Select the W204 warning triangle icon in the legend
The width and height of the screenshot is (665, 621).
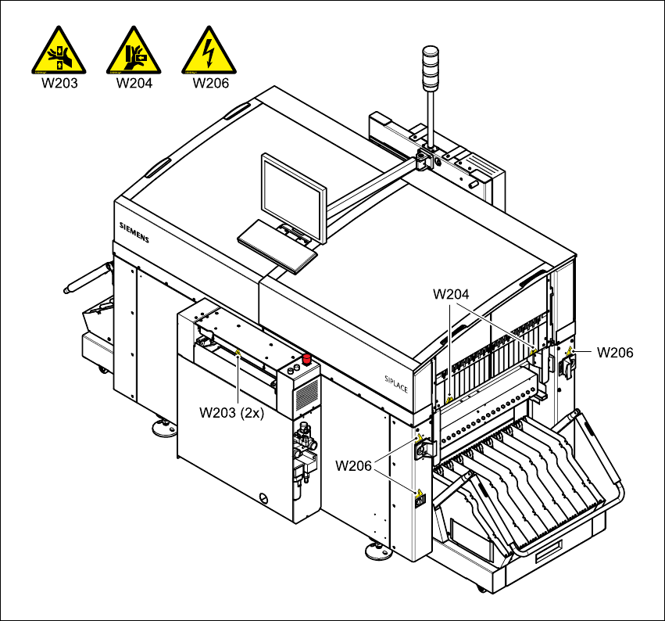click(x=134, y=52)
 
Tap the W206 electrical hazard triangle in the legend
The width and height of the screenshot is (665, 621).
click(x=209, y=52)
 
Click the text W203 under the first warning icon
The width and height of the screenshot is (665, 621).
click(x=59, y=83)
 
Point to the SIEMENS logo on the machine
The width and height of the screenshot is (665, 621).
click(x=133, y=232)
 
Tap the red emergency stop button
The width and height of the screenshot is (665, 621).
click(x=307, y=359)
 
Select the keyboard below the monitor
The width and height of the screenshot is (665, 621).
click(x=277, y=245)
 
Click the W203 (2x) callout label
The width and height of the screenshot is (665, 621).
click(x=232, y=413)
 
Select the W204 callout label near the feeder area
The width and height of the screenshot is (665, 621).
click(x=451, y=294)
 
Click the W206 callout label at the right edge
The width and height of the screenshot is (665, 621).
click(x=615, y=353)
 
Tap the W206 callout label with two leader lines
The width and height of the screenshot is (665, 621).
click(x=354, y=465)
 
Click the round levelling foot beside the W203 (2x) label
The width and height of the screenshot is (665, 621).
click(x=165, y=426)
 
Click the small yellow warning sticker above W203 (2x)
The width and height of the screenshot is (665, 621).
click(x=238, y=354)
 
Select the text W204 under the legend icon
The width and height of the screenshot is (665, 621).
click(x=134, y=83)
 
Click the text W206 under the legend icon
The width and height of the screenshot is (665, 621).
click(x=209, y=83)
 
